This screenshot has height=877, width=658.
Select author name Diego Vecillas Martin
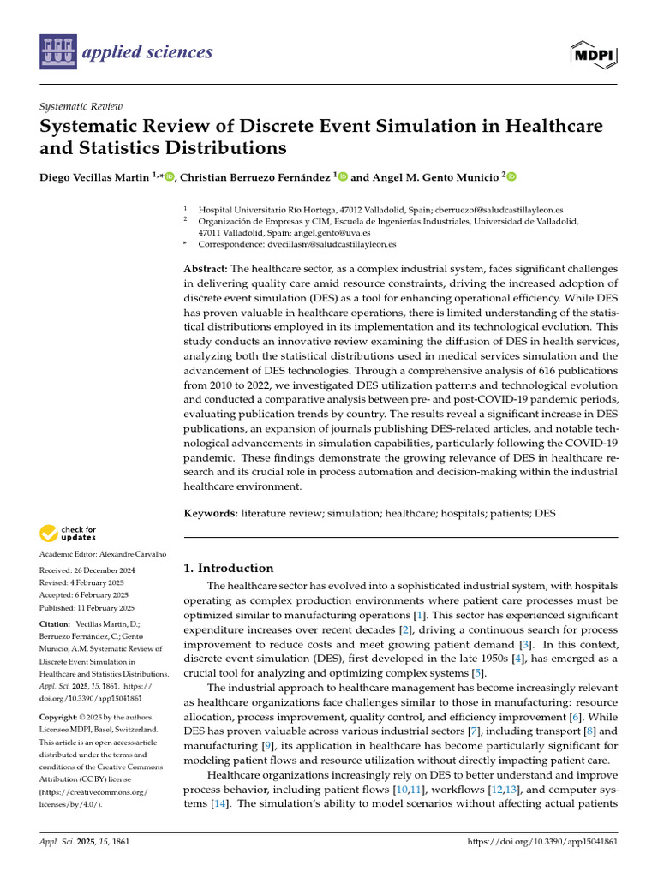(x=94, y=176)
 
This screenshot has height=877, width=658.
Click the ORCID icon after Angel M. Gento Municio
(x=511, y=176)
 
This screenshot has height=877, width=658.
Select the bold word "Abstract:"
(x=206, y=269)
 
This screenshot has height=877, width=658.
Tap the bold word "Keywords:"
(x=211, y=513)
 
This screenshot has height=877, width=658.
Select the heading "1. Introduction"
(x=229, y=568)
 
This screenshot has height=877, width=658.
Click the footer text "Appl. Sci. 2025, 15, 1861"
(x=83, y=843)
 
